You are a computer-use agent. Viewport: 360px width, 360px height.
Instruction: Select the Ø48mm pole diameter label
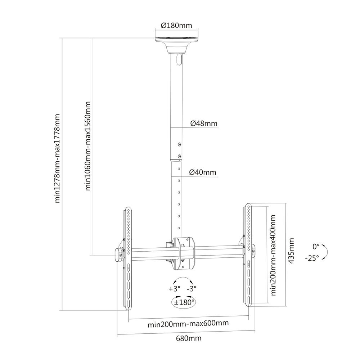point(204,123)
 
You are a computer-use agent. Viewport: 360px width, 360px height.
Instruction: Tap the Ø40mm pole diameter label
point(203,172)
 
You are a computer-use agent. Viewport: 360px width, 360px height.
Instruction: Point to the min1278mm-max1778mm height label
point(57,158)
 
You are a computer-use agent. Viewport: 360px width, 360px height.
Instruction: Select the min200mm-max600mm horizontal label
point(188,323)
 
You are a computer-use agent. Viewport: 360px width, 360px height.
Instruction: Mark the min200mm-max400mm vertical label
point(273,255)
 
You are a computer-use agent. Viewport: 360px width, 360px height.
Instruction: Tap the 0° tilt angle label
point(316,247)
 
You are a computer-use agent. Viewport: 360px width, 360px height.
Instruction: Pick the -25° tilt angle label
point(312,258)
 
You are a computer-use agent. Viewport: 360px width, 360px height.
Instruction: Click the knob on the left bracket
point(117,255)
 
